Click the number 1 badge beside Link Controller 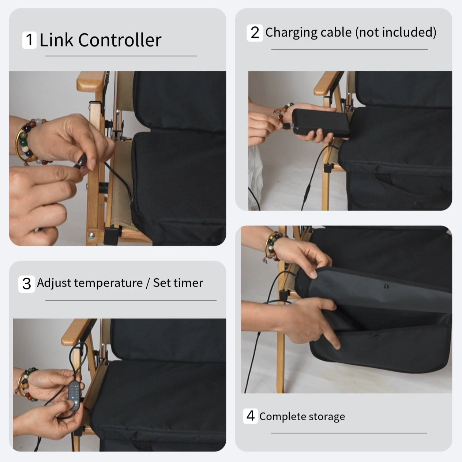[29, 40]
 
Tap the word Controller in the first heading [120, 40]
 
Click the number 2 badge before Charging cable [255, 33]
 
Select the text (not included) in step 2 [396, 32]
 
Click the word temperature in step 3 [110, 283]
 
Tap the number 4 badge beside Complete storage [251, 416]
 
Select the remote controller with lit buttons [75, 394]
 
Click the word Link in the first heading [57, 40]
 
